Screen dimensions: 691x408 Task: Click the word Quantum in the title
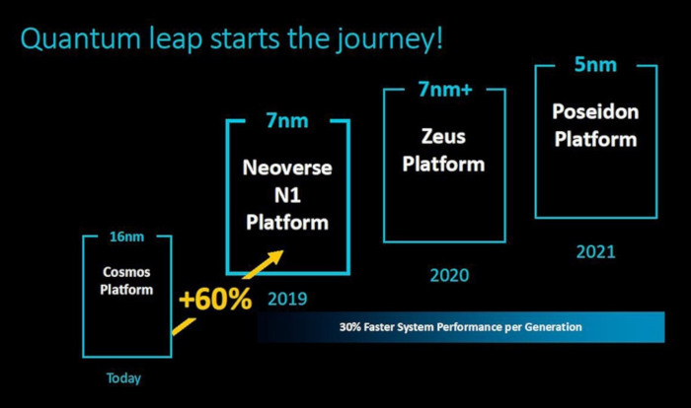(81, 38)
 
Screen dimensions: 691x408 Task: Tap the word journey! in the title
(388, 40)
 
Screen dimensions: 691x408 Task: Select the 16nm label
(127, 237)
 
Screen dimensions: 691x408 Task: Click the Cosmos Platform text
(126, 281)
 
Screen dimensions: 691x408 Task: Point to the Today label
(123, 378)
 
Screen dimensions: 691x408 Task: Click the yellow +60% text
(215, 299)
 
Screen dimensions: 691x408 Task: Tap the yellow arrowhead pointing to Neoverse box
(273, 258)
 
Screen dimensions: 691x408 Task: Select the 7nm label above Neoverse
(287, 120)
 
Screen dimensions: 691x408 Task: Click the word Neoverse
(287, 168)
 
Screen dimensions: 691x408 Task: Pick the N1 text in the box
(287, 195)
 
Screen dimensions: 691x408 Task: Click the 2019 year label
(287, 299)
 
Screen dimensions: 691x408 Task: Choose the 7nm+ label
(445, 89)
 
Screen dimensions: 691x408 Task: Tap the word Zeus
(443, 136)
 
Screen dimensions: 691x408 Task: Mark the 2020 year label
(449, 276)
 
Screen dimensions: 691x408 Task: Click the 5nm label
(595, 65)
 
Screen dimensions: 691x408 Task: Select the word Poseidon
(595, 111)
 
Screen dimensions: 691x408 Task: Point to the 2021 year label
(596, 251)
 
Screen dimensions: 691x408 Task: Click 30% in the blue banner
(350, 327)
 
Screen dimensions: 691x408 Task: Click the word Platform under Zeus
(443, 165)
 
